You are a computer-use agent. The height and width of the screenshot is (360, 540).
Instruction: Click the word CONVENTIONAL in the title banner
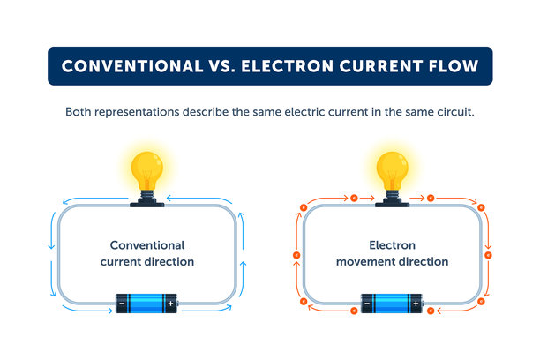pos(132,66)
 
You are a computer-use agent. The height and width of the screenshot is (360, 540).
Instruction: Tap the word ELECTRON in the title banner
pos(288,66)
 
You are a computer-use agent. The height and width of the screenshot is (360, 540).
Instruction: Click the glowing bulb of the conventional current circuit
pos(147,171)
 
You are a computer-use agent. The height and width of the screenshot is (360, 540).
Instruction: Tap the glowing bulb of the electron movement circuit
pos(393,171)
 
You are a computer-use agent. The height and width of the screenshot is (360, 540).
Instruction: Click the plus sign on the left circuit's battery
pos(171,304)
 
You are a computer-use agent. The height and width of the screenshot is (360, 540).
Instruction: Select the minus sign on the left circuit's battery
pos(122,304)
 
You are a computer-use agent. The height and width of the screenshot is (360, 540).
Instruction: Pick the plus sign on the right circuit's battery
pos(416,304)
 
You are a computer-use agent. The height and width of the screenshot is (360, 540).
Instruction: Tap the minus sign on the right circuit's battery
pos(367,304)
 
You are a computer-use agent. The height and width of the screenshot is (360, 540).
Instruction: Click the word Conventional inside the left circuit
pos(147,245)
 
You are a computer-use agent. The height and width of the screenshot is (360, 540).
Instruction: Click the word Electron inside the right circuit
pos(393,245)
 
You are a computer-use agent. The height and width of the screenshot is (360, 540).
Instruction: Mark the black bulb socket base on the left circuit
pos(147,203)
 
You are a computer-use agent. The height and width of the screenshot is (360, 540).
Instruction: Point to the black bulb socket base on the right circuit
pos(393,203)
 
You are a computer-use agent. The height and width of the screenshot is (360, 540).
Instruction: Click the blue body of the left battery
pos(146,304)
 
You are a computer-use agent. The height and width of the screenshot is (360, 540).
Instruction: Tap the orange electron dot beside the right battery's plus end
pos(431,311)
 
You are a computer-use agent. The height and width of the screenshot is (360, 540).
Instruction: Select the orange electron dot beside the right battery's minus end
pos(354,311)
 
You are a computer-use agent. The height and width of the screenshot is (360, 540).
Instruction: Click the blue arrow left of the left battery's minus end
pos(87,309)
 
